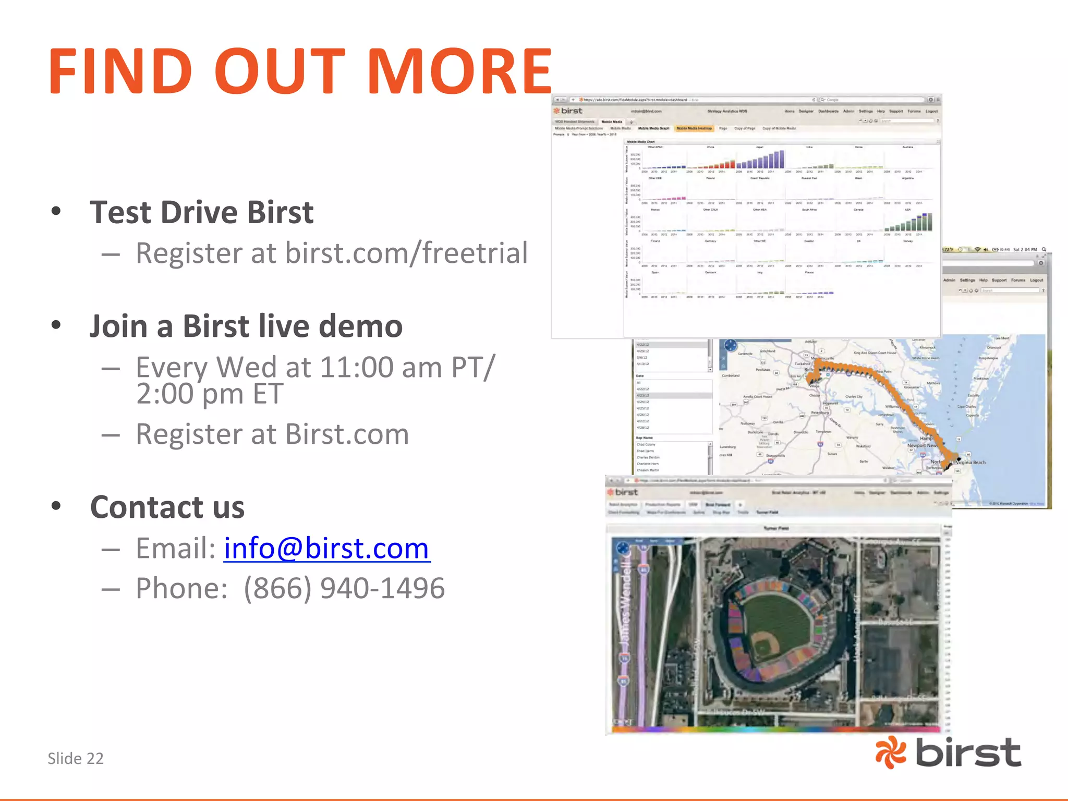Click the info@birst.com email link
click(326, 549)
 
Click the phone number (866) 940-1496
click(344, 589)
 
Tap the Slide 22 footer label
click(76, 758)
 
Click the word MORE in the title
click(459, 71)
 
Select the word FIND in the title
click(120, 71)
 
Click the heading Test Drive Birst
click(201, 212)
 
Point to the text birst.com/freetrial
click(406, 253)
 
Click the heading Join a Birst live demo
click(246, 326)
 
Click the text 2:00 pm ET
click(210, 394)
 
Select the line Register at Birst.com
click(272, 434)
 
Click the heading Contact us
click(167, 507)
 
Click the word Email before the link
click(175, 549)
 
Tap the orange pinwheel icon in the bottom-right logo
click(891, 753)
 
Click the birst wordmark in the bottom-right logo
click(968, 753)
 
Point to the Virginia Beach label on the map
click(970, 463)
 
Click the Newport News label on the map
click(922, 445)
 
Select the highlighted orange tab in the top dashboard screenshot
click(694, 128)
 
